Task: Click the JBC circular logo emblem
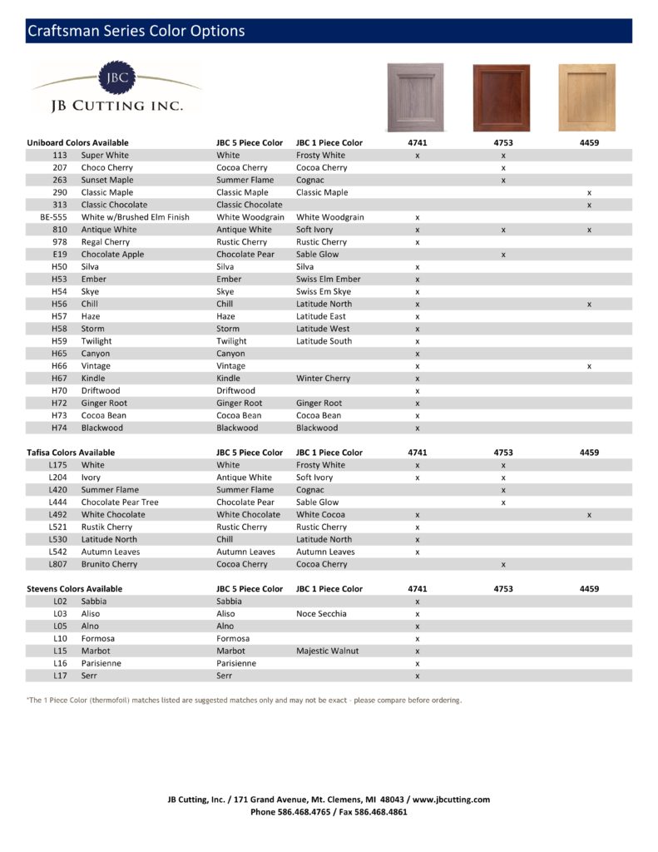click(116, 77)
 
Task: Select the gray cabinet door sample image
click(415, 97)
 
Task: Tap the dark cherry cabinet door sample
click(502, 97)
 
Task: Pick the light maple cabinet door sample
click(587, 97)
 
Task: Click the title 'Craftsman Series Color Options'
click(136, 32)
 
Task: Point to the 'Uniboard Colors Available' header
click(77, 142)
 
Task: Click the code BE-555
click(53, 217)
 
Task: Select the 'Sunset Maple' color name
click(106, 180)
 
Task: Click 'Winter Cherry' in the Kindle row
click(323, 378)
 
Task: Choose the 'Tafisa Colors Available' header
click(71, 453)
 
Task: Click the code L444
click(57, 502)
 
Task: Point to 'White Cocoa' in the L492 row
click(321, 514)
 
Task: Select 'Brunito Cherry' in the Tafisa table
click(110, 564)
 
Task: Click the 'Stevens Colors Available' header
click(74, 588)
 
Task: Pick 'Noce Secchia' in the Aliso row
click(321, 613)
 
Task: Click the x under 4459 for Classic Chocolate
click(589, 205)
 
